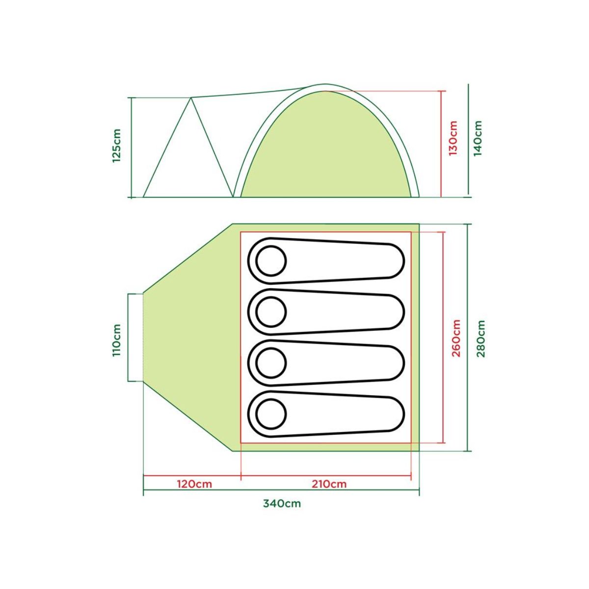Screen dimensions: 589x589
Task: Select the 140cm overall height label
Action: click(478, 138)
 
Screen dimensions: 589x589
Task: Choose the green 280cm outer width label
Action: click(481, 338)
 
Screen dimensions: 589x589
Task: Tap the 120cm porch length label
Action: click(194, 484)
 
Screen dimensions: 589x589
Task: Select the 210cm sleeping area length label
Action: click(329, 484)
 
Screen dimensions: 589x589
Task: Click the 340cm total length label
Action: click(282, 504)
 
